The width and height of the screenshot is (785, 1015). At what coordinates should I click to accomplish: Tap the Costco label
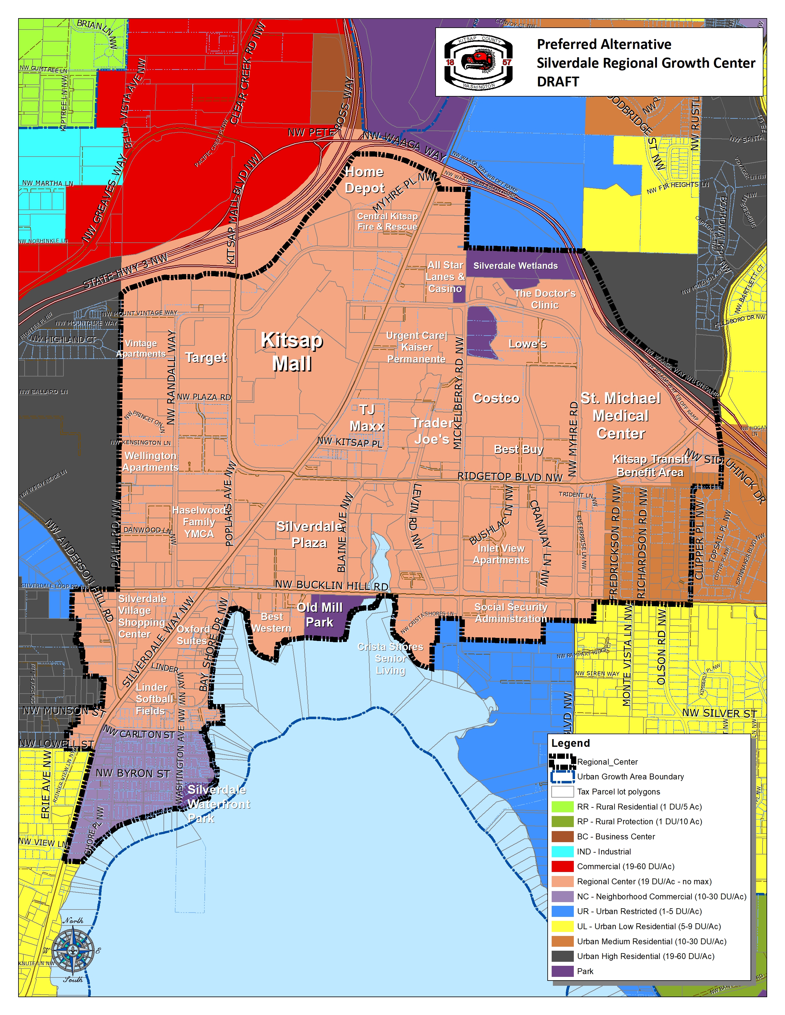(496, 398)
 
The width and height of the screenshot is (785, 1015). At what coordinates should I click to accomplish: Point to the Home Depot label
(364, 180)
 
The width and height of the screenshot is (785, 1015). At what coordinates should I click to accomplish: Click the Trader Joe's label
(432, 431)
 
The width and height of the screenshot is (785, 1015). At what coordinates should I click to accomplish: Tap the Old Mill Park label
(320, 615)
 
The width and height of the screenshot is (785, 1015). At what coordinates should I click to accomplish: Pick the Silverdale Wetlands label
(515, 266)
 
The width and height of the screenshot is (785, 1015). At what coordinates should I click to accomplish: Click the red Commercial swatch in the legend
(562, 866)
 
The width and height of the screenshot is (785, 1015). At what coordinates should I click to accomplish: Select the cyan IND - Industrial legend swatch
(562, 851)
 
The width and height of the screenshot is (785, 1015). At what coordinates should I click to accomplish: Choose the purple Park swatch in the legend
(562, 971)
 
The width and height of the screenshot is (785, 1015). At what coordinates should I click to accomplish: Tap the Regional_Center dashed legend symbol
(562, 762)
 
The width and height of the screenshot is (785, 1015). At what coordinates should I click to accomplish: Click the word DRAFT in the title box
(558, 82)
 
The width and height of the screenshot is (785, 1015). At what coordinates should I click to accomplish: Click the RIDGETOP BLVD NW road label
(510, 477)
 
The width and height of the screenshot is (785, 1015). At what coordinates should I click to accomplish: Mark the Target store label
(206, 357)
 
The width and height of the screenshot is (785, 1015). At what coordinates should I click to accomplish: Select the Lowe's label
(527, 344)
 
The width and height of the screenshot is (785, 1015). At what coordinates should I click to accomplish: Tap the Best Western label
(272, 622)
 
